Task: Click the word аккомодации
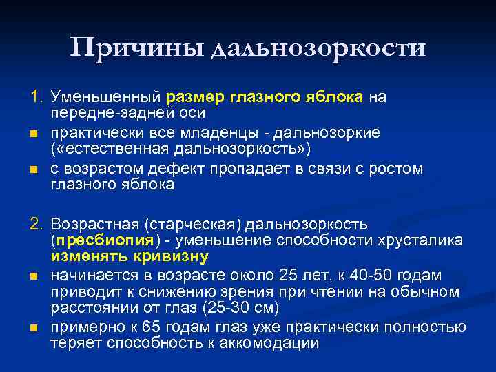coord(269,342)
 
